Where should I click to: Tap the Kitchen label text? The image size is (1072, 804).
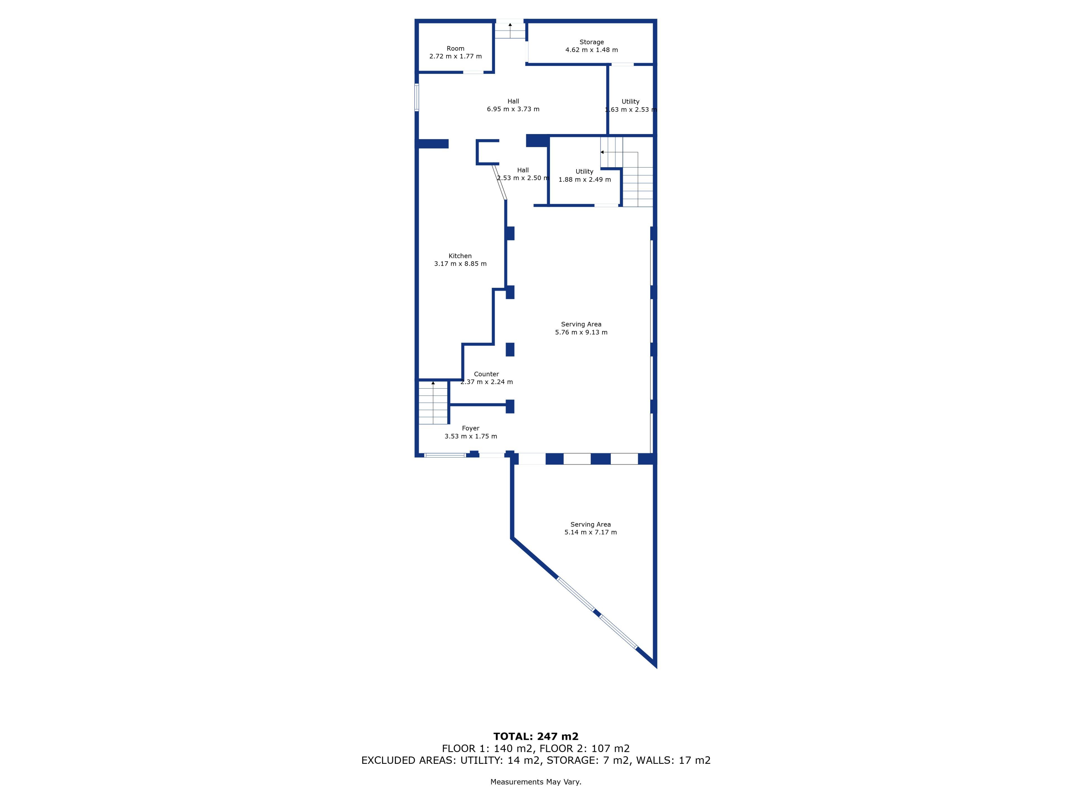(x=460, y=256)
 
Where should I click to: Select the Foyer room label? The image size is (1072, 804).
(x=471, y=429)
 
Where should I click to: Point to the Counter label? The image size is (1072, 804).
(x=486, y=374)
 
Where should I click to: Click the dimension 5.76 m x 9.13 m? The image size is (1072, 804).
(x=581, y=332)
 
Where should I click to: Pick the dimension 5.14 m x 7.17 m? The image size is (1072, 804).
(x=590, y=532)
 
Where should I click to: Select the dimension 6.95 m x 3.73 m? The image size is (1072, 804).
(x=513, y=109)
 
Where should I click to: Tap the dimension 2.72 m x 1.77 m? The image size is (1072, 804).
(x=456, y=56)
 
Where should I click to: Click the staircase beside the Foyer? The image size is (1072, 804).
(x=433, y=403)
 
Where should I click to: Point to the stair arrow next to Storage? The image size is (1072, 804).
(x=510, y=30)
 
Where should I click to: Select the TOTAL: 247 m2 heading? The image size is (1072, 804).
(x=536, y=737)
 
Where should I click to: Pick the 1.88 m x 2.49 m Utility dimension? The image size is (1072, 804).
(x=585, y=179)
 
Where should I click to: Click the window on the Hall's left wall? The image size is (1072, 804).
(x=417, y=97)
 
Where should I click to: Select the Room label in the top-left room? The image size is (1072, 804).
(x=456, y=49)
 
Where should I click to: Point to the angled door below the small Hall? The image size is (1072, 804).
(x=500, y=182)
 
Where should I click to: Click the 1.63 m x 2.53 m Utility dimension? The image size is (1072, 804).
(x=631, y=109)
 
